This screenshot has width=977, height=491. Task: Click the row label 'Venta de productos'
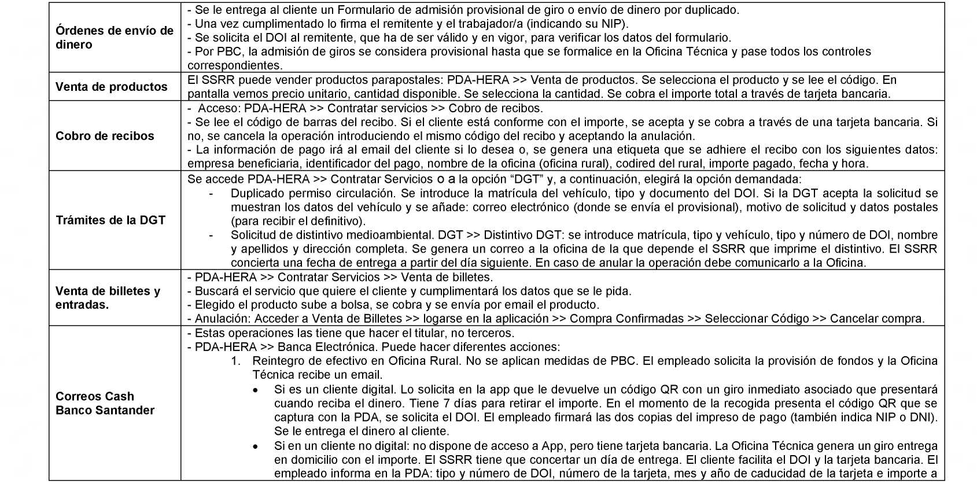coord(111,87)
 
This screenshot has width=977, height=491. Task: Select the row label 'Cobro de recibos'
coord(105,136)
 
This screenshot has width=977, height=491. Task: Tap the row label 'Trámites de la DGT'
coord(110,220)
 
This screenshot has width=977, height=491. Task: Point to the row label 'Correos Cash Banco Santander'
coord(105,403)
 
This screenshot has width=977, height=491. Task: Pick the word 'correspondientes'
coord(234,66)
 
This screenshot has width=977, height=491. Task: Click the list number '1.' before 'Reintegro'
coord(235,361)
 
